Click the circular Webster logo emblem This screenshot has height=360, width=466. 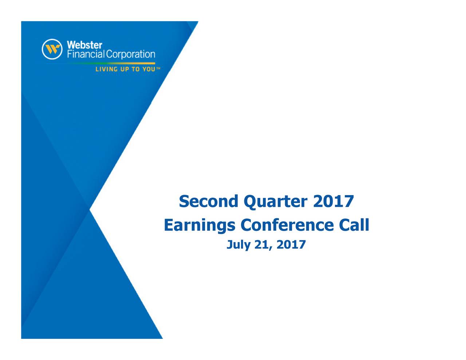(52, 49)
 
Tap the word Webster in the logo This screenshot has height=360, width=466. (84, 45)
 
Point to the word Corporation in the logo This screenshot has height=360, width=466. (131, 55)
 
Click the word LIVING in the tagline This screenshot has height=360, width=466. (107, 69)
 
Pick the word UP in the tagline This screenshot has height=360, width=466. (125, 69)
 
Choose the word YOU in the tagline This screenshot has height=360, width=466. (149, 69)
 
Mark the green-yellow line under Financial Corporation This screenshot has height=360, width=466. (109, 63)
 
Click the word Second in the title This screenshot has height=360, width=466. (209, 201)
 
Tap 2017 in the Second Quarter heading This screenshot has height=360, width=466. (333, 201)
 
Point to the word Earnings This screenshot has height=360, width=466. (200, 225)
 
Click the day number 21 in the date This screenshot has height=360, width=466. (263, 245)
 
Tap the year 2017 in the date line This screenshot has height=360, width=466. (291, 245)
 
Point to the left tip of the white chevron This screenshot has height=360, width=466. (91, 209)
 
